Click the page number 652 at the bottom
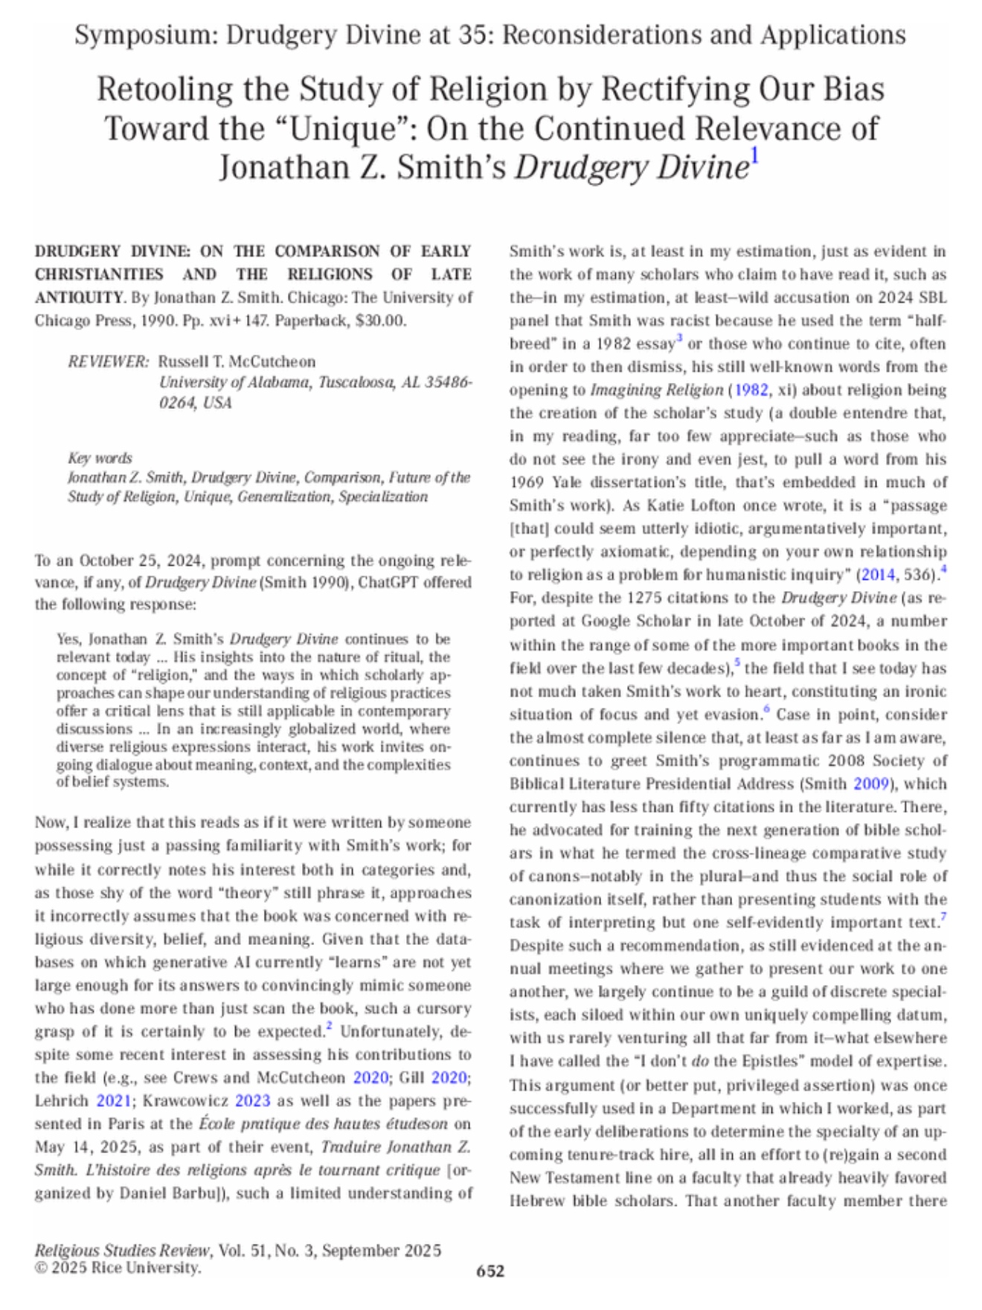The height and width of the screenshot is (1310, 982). [x=490, y=1271]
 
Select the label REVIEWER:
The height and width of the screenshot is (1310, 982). [x=109, y=362]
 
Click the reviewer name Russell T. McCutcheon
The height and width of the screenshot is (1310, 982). [x=237, y=362]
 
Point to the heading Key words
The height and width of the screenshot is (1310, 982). [x=100, y=458]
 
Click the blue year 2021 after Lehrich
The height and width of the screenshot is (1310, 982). [x=113, y=1100]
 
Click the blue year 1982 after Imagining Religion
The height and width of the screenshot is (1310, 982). [x=751, y=390]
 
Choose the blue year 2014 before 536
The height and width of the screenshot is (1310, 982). [x=879, y=575]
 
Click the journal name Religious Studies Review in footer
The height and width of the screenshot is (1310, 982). [x=123, y=1250]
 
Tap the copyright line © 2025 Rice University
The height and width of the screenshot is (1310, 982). [x=118, y=1268]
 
